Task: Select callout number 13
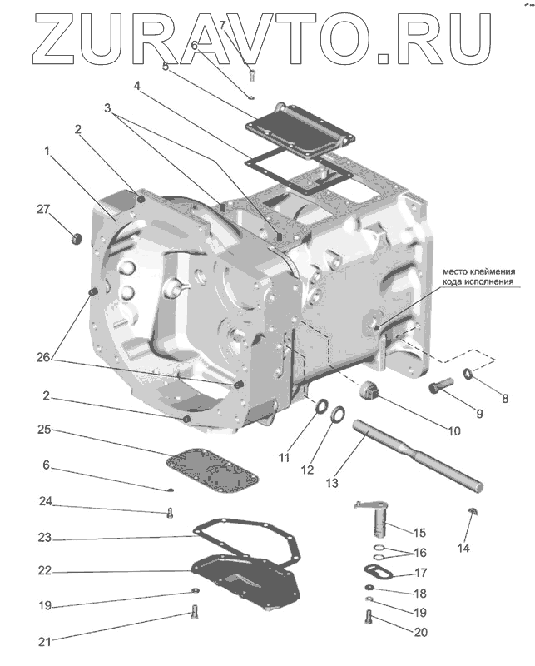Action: [331, 482]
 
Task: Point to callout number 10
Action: [453, 432]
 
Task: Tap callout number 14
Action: [463, 548]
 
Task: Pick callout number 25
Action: [45, 430]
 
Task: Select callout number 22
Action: [45, 572]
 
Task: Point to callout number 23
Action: [45, 538]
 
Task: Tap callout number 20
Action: [420, 633]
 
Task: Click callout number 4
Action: [136, 86]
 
